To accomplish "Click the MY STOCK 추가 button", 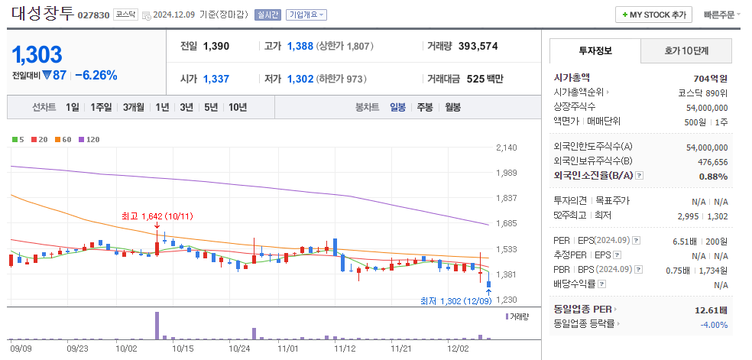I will pyautogui.click(x=653, y=15).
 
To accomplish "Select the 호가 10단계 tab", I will pyautogui.click(x=686, y=51).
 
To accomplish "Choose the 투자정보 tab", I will pyautogui.click(x=595, y=51).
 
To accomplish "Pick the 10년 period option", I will pyautogui.click(x=237, y=107).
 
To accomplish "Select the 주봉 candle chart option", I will pyautogui.click(x=425, y=107).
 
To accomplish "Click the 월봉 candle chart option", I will pyautogui.click(x=452, y=107).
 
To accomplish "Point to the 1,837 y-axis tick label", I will pyautogui.click(x=507, y=198).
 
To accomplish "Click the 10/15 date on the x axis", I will pyautogui.click(x=183, y=348).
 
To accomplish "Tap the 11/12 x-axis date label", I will pyautogui.click(x=345, y=348).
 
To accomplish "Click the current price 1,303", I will pyautogui.click(x=37, y=54).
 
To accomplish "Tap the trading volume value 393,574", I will pyautogui.click(x=478, y=46).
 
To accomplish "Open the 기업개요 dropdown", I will pyautogui.click(x=308, y=15).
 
